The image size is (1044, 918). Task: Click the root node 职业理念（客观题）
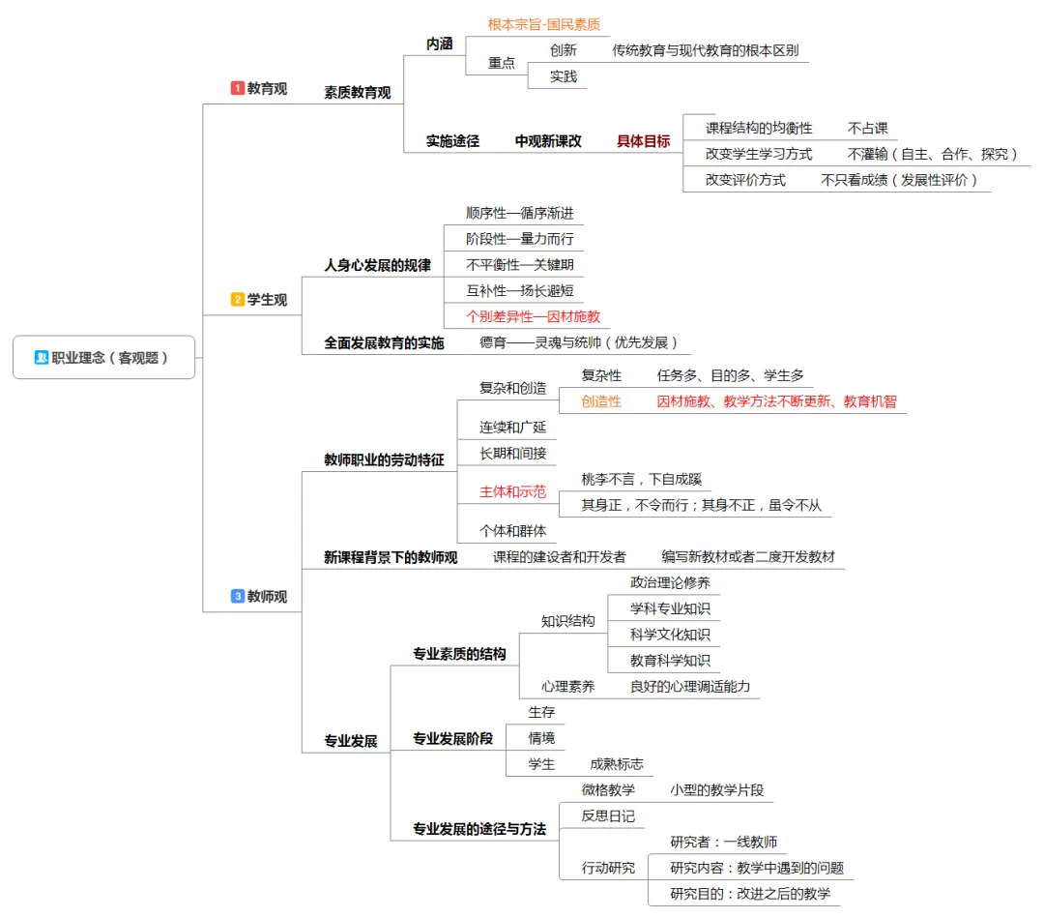[x=104, y=357]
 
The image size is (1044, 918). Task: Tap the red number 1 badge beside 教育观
[x=238, y=88]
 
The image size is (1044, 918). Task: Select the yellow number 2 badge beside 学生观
[x=238, y=300]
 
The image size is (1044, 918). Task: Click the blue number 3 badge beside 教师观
[x=238, y=597]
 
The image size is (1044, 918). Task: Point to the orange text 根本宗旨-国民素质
[x=544, y=24]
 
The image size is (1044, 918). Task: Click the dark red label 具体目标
[x=643, y=141]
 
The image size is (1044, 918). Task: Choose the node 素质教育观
[x=358, y=93]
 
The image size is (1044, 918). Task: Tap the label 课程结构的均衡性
[x=759, y=128]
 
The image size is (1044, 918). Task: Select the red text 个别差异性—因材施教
[x=533, y=316]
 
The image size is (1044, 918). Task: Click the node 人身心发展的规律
[x=377, y=265]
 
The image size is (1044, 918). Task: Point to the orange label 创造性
[x=601, y=401]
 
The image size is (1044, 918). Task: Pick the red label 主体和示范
[x=513, y=492]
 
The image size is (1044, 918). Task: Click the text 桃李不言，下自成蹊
[x=641, y=479]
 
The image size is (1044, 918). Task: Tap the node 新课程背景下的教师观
[x=391, y=557]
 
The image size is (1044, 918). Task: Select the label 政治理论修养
[x=670, y=582]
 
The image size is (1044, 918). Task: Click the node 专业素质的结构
[x=459, y=654]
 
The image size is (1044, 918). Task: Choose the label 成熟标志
[x=617, y=764]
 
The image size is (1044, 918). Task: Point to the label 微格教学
[x=608, y=790]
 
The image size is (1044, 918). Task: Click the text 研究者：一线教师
[x=724, y=842]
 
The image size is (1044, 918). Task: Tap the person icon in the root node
[x=42, y=357]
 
